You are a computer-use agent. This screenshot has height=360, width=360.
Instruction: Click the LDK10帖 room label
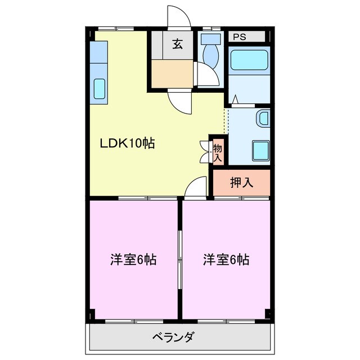127,143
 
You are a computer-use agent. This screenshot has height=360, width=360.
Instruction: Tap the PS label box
240,37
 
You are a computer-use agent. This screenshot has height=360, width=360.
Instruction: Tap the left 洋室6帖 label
133,260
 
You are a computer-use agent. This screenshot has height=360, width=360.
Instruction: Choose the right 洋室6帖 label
226,260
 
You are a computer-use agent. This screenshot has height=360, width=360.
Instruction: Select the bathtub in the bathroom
250,60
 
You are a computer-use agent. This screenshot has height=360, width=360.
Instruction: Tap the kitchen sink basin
99,89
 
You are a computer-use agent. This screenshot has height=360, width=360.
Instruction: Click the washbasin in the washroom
263,119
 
